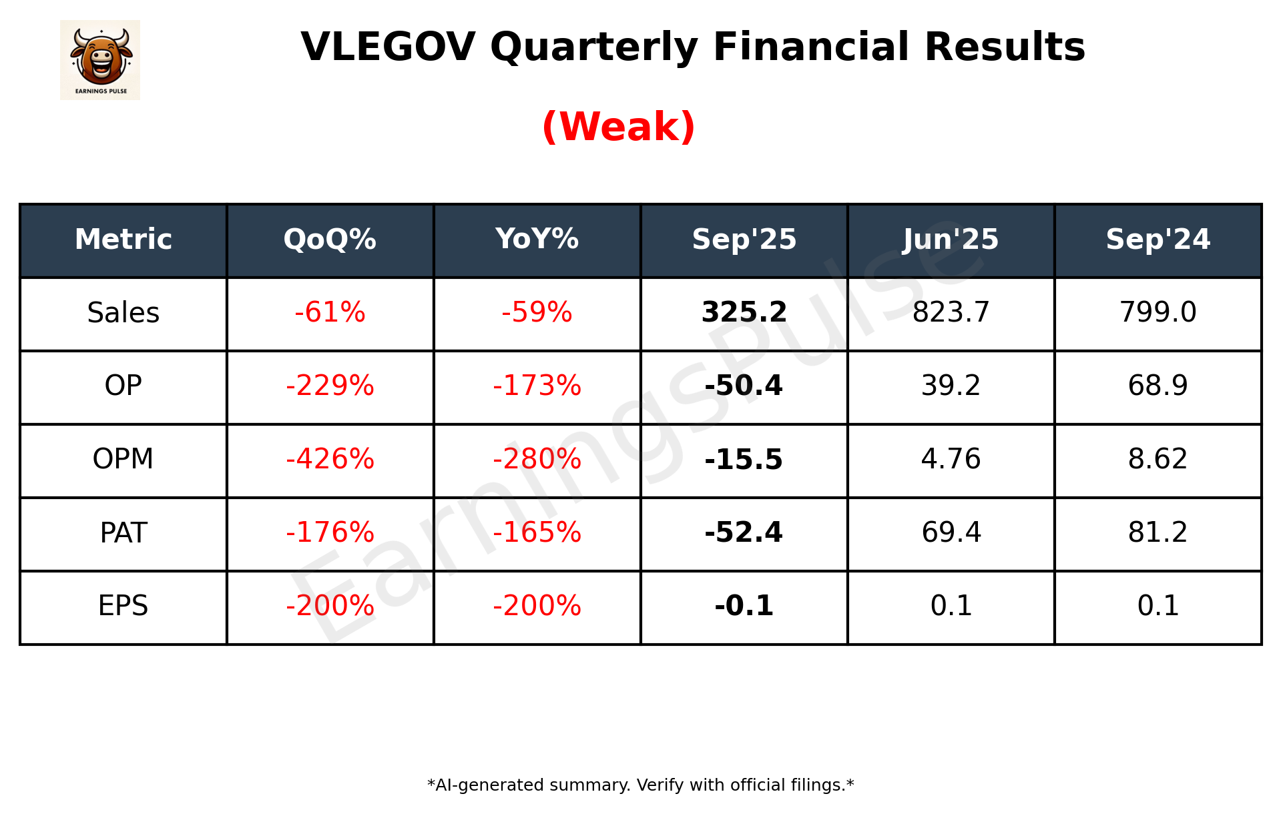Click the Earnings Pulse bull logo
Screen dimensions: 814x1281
(100, 59)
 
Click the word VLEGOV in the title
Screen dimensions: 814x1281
(388, 47)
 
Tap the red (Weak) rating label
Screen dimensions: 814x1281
(618, 127)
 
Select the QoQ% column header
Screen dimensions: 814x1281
(330, 240)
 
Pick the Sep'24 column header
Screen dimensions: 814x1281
(1158, 240)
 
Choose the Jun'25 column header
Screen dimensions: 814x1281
(951, 240)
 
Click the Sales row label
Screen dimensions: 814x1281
(123, 313)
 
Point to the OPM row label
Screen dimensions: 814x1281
(123, 459)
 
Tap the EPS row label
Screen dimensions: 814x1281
(123, 606)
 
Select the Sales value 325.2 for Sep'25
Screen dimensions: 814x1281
(744, 312)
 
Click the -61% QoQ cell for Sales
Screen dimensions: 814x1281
(330, 312)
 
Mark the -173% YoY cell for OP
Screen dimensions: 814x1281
(537, 386)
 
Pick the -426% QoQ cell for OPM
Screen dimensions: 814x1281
(330, 459)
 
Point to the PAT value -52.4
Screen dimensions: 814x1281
(744, 532)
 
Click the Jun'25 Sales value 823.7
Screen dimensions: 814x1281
(951, 312)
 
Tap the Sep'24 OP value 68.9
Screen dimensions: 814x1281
(1158, 386)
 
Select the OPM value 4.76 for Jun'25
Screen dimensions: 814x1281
(951, 459)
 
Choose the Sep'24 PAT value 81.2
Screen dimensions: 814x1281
(1158, 532)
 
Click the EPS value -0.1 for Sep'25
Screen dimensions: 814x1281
(744, 606)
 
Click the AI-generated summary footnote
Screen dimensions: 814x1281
(640, 785)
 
